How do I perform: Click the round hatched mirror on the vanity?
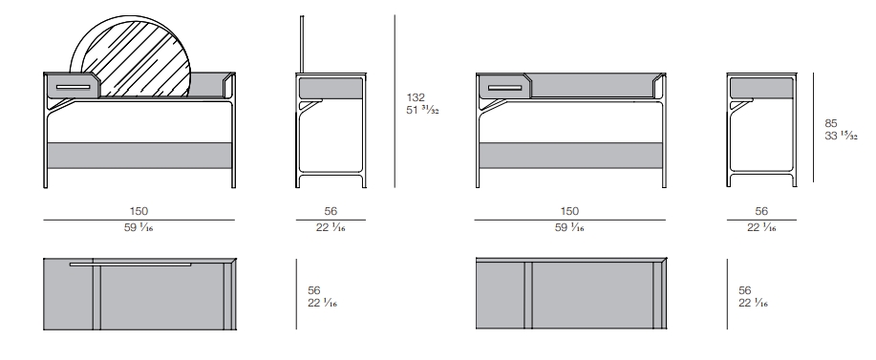click(134, 58)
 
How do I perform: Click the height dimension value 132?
click(416, 97)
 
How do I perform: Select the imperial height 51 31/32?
click(422, 110)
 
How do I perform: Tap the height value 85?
click(831, 123)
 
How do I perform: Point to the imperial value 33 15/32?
click(841, 136)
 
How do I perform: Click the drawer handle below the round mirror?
click(74, 87)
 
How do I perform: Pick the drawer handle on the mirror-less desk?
click(504, 88)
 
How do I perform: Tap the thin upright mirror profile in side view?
click(302, 44)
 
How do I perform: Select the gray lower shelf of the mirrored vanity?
click(139, 155)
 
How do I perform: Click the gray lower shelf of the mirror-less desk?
click(570, 155)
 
